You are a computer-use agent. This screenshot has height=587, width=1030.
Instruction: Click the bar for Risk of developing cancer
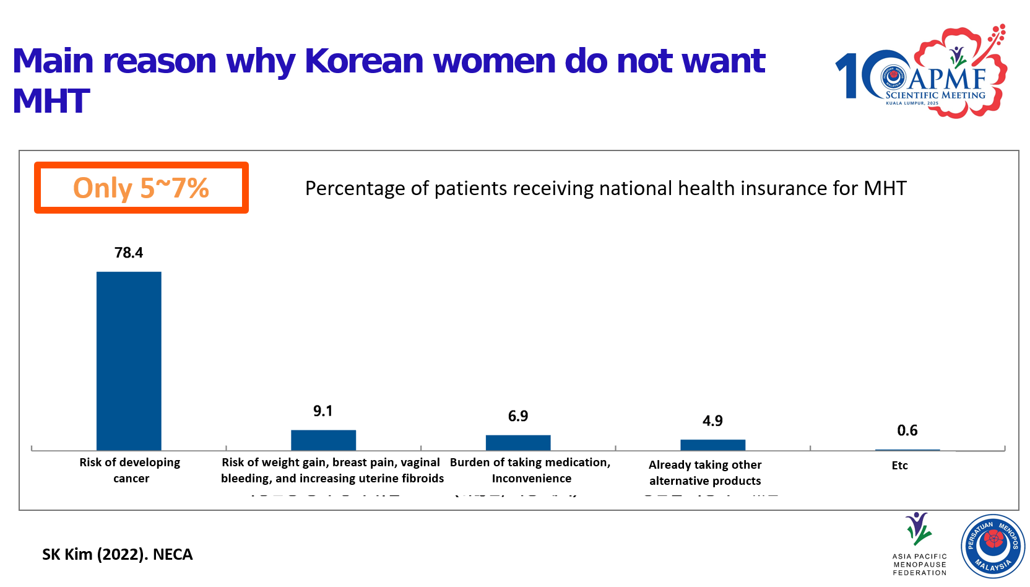click(129, 360)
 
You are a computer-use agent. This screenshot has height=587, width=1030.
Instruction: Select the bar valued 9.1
click(323, 440)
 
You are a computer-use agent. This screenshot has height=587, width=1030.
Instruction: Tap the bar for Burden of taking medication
click(518, 442)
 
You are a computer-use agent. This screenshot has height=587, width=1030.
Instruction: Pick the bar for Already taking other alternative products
click(712, 445)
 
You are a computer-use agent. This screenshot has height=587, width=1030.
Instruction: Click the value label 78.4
click(129, 253)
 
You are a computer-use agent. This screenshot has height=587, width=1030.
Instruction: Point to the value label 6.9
click(518, 416)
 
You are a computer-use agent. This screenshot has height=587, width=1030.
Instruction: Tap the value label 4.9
click(712, 421)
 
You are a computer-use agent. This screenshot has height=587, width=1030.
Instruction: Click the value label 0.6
click(907, 430)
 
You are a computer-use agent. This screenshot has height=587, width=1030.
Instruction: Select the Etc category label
click(899, 466)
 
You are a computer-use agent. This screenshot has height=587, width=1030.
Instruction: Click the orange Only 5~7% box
click(141, 188)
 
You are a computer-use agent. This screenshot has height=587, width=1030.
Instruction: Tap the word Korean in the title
click(363, 61)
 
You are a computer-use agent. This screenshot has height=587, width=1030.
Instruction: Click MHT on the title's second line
click(51, 102)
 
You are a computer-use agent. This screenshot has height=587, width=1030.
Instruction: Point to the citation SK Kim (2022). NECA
click(117, 554)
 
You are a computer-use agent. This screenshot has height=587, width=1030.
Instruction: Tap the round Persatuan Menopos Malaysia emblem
click(993, 546)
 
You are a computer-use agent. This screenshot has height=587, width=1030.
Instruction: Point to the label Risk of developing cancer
click(130, 470)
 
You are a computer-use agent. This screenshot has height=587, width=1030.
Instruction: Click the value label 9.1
click(323, 411)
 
